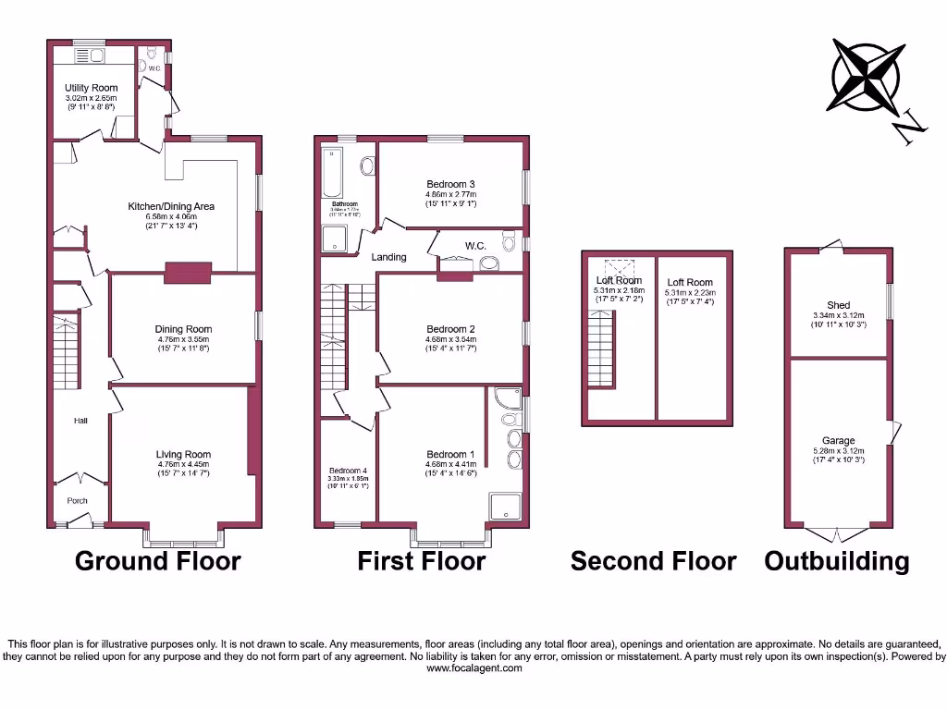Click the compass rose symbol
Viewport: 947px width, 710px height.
click(x=867, y=76)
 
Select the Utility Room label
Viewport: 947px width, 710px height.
click(x=91, y=88)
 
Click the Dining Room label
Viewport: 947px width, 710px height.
click(x=183, y=329)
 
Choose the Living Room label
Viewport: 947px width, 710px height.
click(x=183, y=455)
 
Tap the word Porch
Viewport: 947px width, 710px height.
click(x=77, y=501)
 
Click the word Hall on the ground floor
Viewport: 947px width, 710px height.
click(x=81, y=422)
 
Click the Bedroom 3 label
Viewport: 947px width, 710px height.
click(x=450, y=183)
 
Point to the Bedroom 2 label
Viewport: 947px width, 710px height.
click(x=450, y=329)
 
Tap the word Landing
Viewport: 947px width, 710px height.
click(x=389, y=257)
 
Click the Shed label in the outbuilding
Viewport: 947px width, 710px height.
click(x=838, y=305)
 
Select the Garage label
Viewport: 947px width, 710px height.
click(x=838, y=441)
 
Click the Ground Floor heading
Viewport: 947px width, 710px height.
click(x=157, y=560)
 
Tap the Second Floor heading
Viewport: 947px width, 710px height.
click(x=653, y=560)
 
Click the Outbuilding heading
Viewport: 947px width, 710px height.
click(x=836, y=560)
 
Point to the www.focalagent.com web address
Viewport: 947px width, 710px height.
click(x=473, y=668)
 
